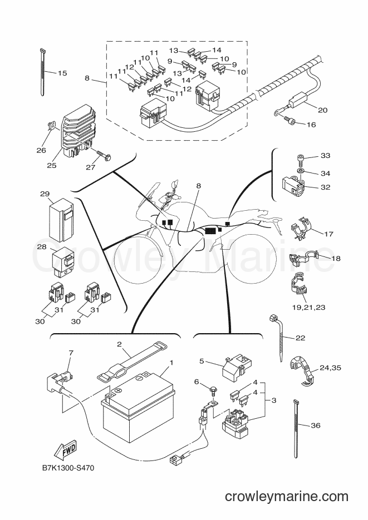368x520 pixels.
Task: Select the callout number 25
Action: (x=51, y=165)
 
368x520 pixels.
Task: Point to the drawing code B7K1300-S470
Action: (x=68, y=468)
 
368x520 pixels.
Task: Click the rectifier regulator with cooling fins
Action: (x=78, y=130)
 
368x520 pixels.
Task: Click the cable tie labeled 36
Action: (x=296, y=429)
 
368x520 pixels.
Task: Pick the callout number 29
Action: (x=45, y=194)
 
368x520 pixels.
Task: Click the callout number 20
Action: (x=322, y=110)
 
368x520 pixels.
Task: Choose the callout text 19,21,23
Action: (x=308, y=307)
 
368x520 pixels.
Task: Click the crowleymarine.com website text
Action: (x=287, y=497)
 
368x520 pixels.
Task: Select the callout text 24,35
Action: (x=330, y=368)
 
